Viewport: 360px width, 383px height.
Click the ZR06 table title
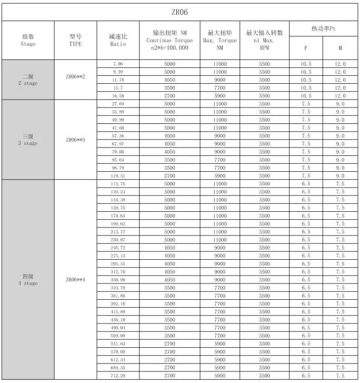(180, 12)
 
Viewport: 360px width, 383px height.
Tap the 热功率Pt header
(323, 28)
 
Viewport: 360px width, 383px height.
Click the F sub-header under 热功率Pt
(306, 48)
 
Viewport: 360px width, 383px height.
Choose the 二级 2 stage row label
(28, 80)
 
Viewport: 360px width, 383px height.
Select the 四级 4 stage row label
(28, 279)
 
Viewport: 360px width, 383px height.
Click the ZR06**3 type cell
(75, 140)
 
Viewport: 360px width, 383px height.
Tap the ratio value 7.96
(118, 64)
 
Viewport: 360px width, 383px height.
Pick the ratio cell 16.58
(118, 96)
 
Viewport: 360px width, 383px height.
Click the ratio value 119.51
(118, 175)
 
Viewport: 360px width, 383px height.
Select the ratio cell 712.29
(118, 375)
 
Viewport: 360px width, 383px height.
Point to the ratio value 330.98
(118, 279)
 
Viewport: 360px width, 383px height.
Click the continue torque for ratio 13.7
(169, 88)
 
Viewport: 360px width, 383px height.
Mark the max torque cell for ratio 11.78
(219, 80)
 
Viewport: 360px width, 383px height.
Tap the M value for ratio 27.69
(340, 104)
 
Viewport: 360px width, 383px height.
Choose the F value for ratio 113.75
(306, 183)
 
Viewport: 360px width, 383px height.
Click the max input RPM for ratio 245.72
(264, 247)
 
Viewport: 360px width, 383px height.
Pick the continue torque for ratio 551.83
(169, 343)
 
